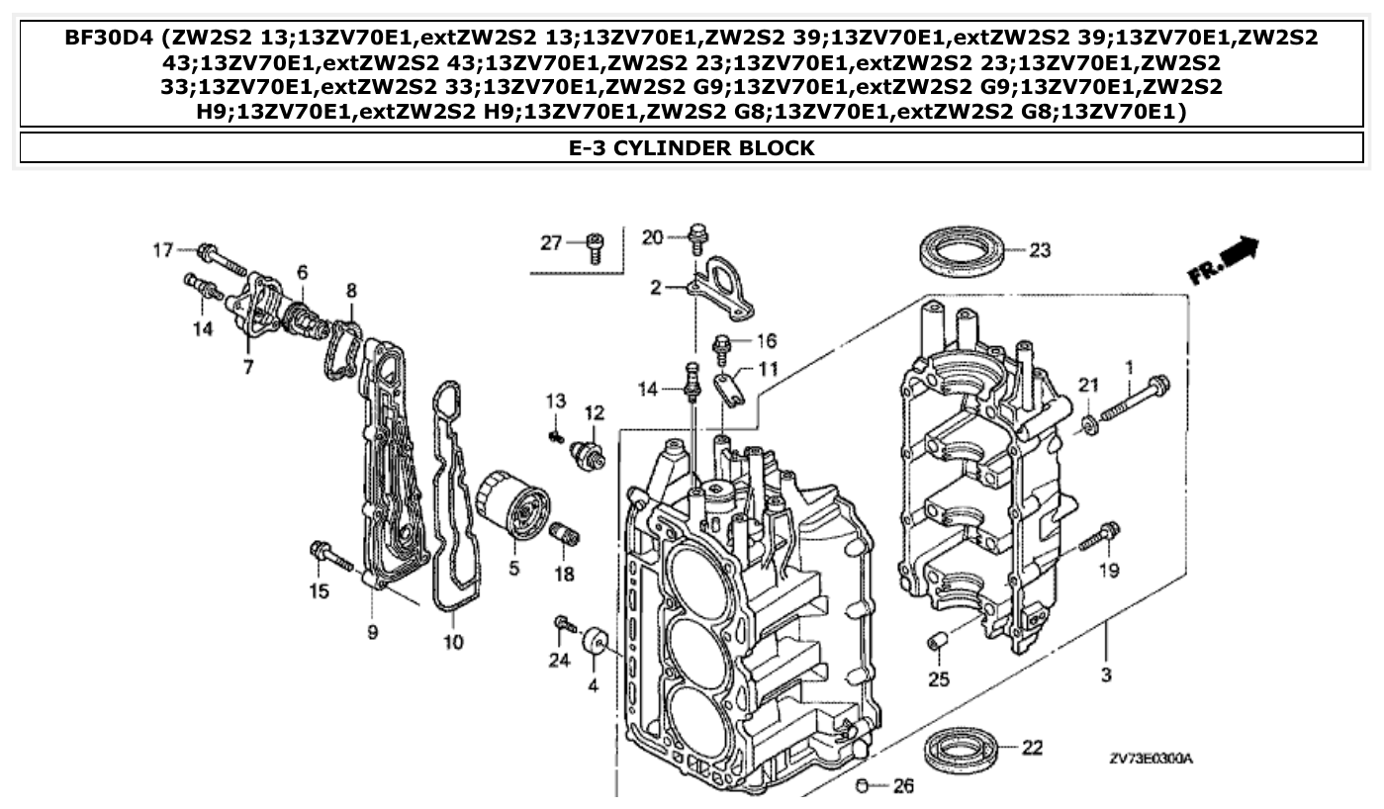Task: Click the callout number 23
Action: click(1039, 250)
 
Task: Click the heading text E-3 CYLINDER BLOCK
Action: click(692, 148)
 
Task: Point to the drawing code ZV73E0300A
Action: click(1151, 759)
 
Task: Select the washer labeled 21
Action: click(1088, 424)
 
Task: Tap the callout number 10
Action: click(453, 643)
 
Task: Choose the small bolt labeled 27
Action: click(596, 247)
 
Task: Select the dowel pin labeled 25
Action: click(938, 644)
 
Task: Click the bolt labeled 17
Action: click(224, 259)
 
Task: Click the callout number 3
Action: click(1106, 675)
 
